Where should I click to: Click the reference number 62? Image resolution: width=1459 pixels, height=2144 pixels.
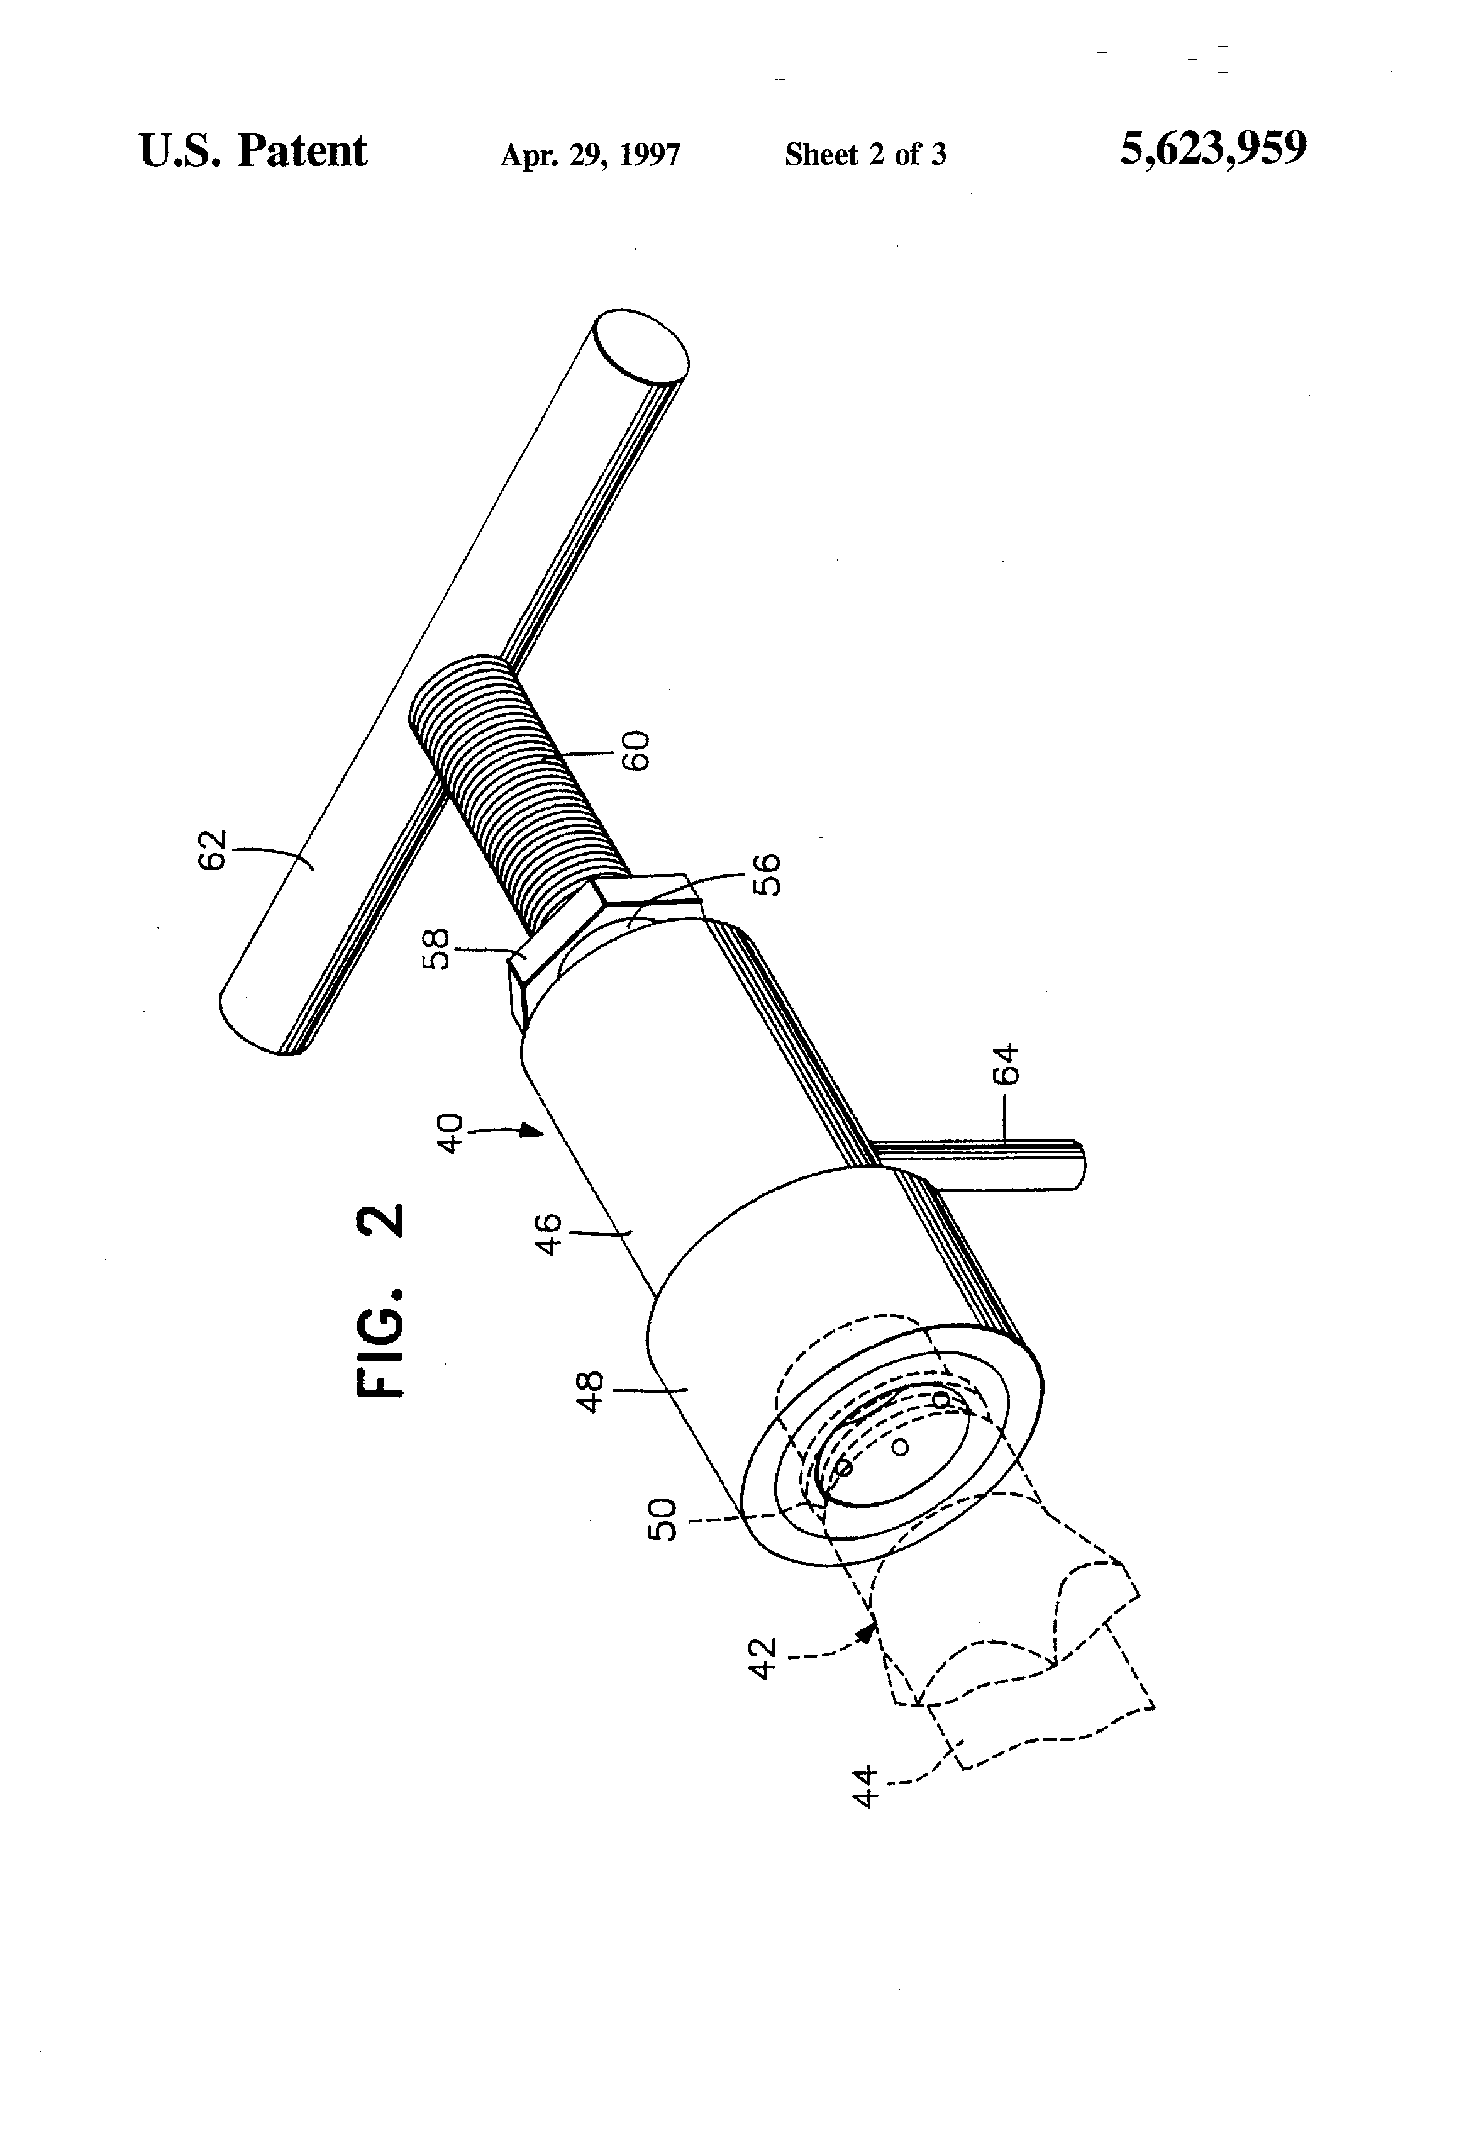tap(212, 850)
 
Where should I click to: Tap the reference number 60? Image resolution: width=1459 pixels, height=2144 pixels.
tap(636, 750)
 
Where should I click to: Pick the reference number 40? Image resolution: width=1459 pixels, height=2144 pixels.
tap(449, 1133)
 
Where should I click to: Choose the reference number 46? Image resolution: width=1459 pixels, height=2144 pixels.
tap(549, 1234)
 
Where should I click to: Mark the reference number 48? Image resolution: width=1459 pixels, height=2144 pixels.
tap(589, 1391)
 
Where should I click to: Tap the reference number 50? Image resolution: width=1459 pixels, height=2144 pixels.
tap(663, 1519)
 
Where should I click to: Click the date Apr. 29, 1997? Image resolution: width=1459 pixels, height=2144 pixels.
tap(591, 154)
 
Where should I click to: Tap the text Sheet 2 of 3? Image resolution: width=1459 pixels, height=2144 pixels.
tap(865, 154)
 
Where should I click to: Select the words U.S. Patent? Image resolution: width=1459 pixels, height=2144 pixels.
tap(253, 151)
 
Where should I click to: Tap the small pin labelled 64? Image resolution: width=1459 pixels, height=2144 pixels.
tap(987, 1164)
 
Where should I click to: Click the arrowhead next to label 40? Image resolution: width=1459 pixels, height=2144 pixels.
tap(531, 1130)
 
